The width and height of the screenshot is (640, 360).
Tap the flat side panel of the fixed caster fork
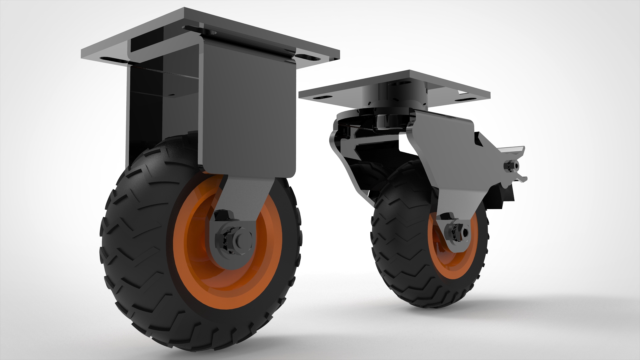pos(248,110)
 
